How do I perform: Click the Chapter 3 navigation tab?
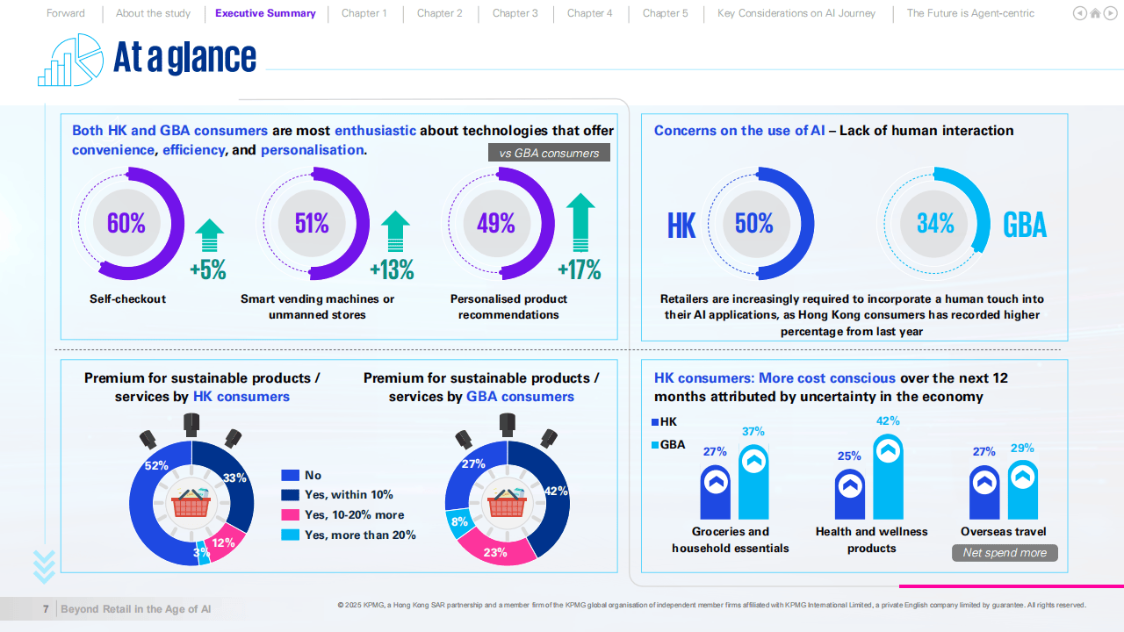[x=515, y=13]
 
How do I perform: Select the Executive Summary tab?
[x=265, y=13]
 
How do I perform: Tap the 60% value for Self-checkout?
[x=126, y=223]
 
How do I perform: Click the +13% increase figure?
[x=392, y=269]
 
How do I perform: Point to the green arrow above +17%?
[x=580, y=224]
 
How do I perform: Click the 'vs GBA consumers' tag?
[x=549, y=153]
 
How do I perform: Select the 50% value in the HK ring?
[x=754, y=223]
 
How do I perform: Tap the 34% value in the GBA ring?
[x=935, y=223]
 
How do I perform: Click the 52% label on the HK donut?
[x=156, y=466]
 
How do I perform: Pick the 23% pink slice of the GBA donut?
[x=495, y=552]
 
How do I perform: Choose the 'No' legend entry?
[x=313, y=475]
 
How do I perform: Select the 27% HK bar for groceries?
[x=715, y=492]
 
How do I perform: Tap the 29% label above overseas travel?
[x=1022, y=449]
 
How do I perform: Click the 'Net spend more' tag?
[x=1005, y=553]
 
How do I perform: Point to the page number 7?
[x=46, y=609]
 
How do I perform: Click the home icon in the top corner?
[x=1095, y=13]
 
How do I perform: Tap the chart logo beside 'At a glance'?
[x=70, y=60]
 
